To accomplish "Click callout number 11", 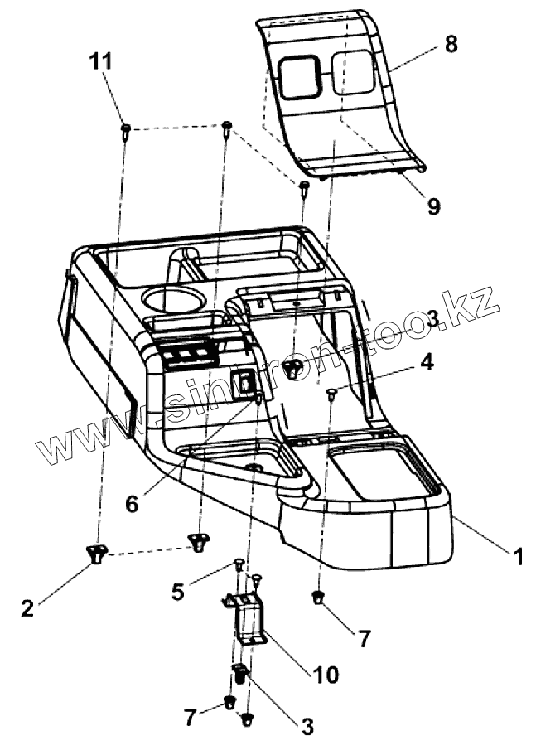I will tap(102, 61).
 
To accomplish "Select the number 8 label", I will tap(450, 45).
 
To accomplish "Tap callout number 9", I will tap(433, 205).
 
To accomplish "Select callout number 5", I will tap(177, 591).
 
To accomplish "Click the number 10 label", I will tap(326, 675).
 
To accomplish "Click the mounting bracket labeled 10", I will tap(246, 620).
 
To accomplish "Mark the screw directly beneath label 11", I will tap(125, 130).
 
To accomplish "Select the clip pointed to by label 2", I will tap(96, 552).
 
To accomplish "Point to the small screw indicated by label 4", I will tap(331, 394).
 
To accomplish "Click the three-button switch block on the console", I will tap(190, 356).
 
